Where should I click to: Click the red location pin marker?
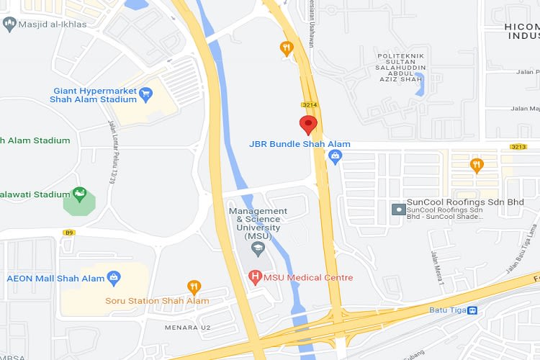click(309, 125)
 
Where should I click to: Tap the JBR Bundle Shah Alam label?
click(300, 144)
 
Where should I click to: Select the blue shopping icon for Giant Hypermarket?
click(146, 93)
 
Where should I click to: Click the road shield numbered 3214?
click(310, 105)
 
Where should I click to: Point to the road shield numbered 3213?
click(518, 147)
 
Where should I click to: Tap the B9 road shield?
click(69, 233)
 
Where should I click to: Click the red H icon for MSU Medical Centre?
click(254, 276)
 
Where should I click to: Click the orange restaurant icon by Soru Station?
click(193, 287)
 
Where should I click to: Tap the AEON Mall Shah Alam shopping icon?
click(114, 278)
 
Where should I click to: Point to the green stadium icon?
click(79, 194)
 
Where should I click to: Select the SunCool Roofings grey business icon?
click(397, 209)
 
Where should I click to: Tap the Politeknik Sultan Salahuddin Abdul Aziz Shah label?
click(402, 68)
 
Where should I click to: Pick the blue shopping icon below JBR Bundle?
click(334, 158)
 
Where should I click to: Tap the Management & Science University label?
click(258, 223)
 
